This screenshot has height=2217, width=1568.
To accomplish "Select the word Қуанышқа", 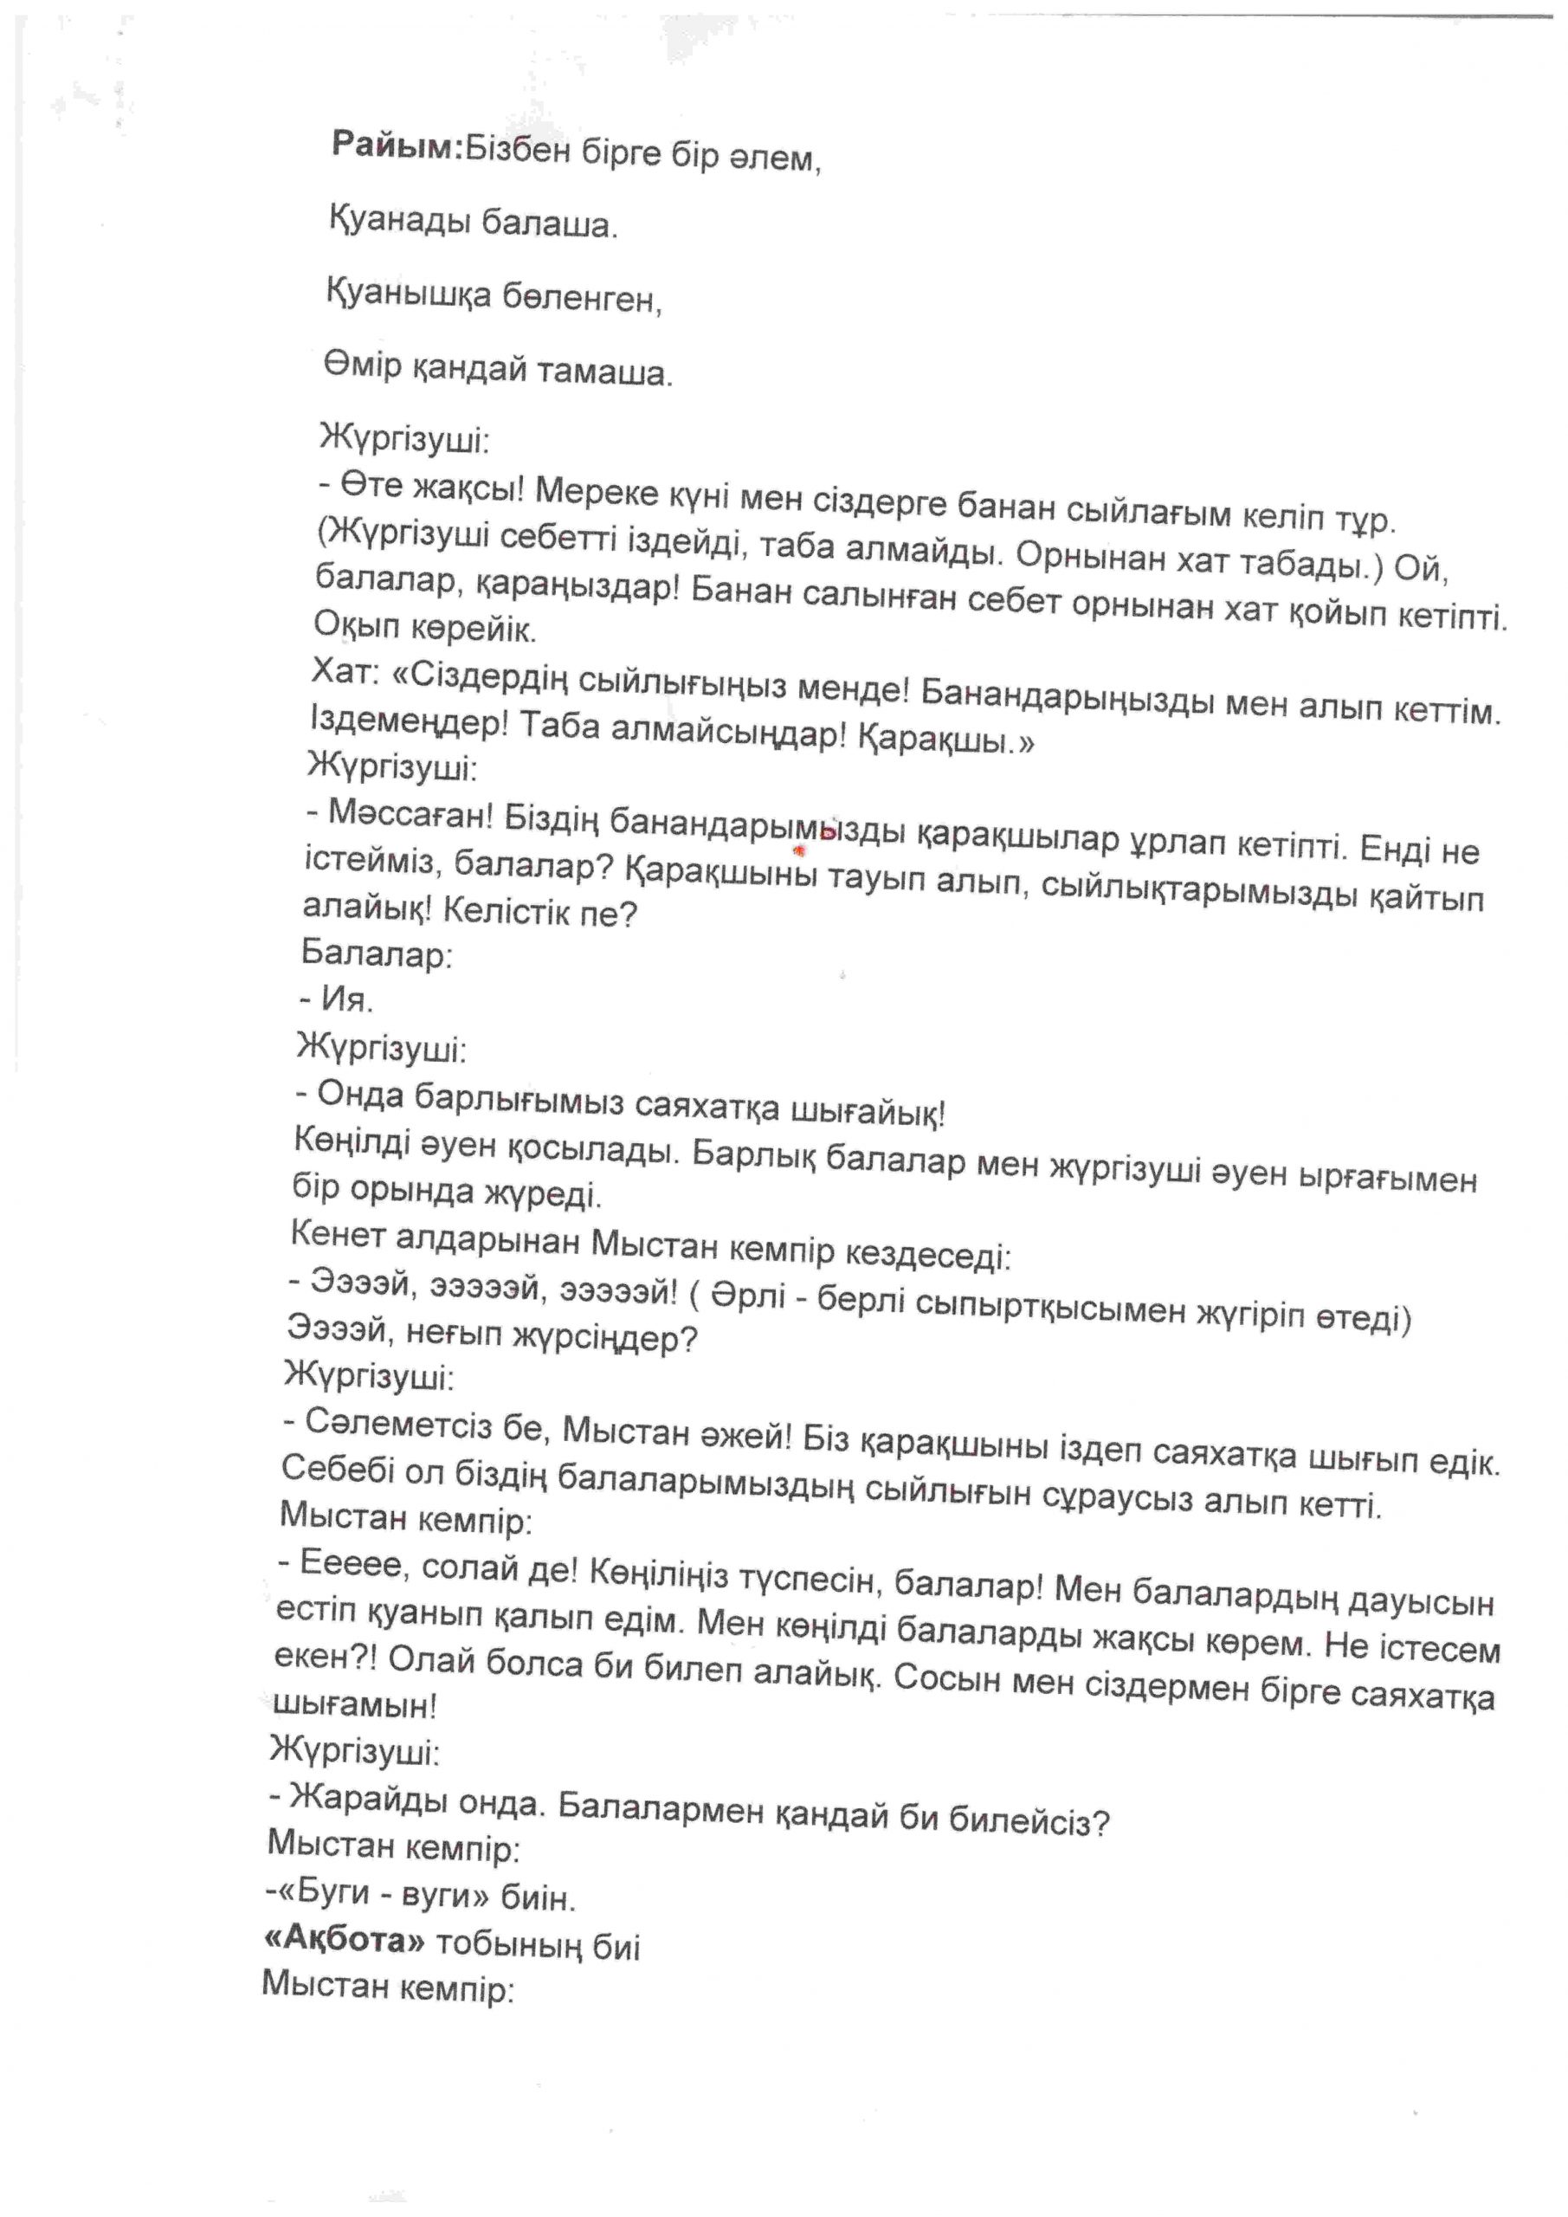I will coord(410,294).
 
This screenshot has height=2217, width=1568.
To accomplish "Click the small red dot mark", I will coord(798,850).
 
